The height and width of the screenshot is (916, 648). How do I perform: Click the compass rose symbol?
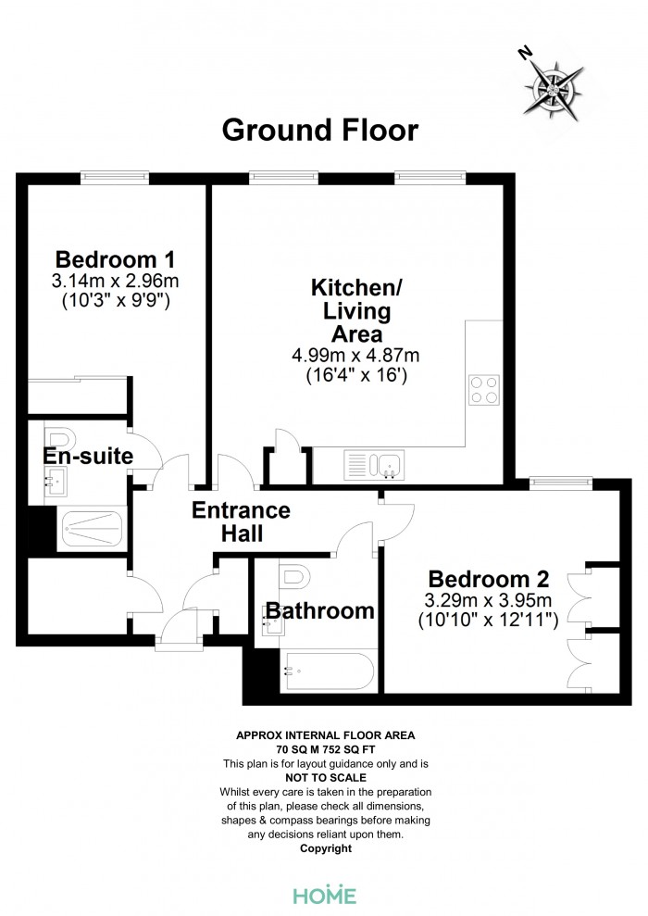pos(552,88)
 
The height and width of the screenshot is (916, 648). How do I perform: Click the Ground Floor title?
pos(320,130)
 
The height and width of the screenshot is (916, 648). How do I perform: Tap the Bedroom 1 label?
pos(115,258)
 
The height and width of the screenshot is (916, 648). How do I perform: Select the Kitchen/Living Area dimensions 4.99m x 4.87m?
pos(355,355)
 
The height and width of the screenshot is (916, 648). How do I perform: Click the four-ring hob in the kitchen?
pos(484,390)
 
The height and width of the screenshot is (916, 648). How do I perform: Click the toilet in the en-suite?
pos(59,438)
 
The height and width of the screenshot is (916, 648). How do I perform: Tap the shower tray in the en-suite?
pos(93,529)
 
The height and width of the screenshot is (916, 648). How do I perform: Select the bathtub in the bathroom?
pos(329,671)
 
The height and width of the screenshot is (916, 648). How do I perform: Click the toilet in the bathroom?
pos(293,576)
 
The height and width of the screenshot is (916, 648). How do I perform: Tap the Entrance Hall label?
pos(241,521)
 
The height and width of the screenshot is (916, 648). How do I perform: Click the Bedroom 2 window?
pos(561,483)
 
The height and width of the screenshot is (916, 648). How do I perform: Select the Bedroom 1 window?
pos(115,177)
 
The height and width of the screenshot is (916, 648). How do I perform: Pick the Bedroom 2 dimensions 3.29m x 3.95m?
pos(488,600)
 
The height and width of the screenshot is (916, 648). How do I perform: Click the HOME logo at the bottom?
pos(325,895)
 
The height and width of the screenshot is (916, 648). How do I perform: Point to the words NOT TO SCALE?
pos(326,778)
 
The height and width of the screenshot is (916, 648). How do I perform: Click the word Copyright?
pos(326,848)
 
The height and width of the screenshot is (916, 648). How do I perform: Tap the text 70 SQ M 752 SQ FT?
pos(326,749)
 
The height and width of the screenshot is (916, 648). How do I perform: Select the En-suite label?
pos(88,456)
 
